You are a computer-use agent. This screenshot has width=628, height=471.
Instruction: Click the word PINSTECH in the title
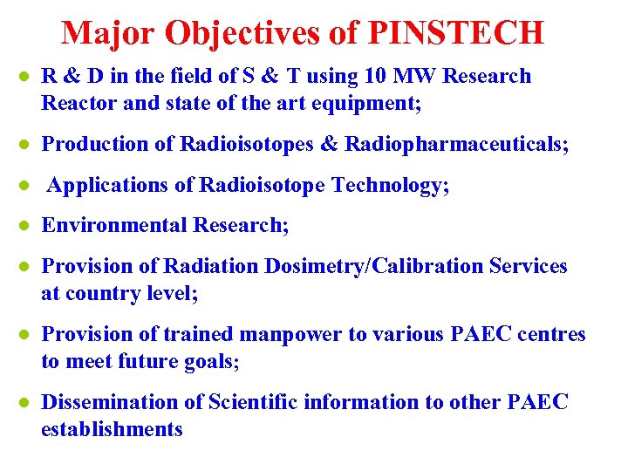pos(457,32)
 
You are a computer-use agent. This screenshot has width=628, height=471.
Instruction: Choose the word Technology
pos(399,185)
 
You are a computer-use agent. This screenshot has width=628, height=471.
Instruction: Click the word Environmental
pos(114,225)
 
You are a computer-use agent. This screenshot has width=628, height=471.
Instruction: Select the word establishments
pos(112,430)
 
